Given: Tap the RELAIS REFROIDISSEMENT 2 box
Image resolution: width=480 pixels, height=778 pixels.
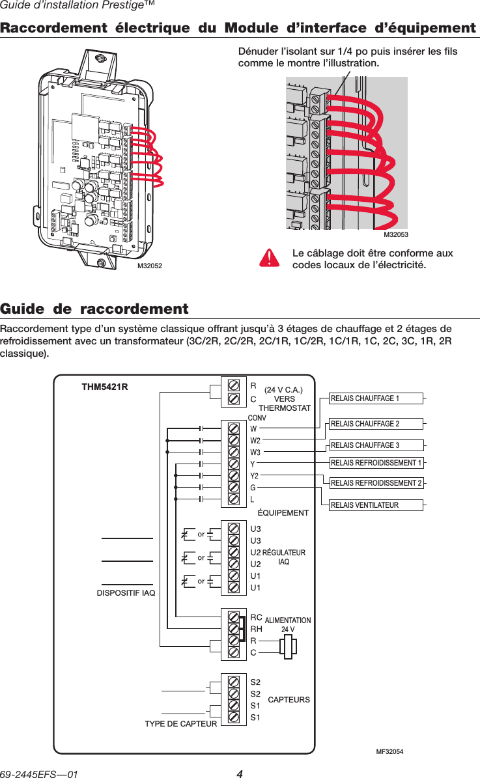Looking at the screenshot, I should [x=376, y=483].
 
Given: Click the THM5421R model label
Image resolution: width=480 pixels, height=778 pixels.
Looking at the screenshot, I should [x=104, y=387].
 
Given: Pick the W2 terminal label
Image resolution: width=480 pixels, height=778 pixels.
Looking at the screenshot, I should [x=255, y=441].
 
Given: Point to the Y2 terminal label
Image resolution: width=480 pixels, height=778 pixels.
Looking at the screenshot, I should [x=255, y=476].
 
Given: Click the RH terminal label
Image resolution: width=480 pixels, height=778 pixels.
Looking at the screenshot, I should [x=256, y=629].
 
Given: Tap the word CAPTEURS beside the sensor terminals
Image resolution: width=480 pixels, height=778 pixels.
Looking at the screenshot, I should [x=289, y=700].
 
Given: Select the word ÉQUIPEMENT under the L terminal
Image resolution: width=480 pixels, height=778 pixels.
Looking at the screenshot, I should [x=283, y=513].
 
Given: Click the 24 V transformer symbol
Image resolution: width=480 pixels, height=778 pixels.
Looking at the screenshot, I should [x=288, y=646].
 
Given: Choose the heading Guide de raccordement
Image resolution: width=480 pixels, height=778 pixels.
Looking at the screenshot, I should [x=94, y=309].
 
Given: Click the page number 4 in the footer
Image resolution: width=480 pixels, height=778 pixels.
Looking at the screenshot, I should [x=240, y=774].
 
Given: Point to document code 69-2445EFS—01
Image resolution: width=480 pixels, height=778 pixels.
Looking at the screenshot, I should [x=40, y=774].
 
